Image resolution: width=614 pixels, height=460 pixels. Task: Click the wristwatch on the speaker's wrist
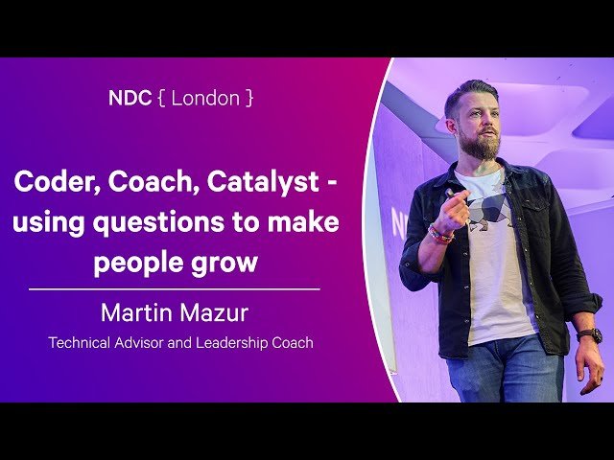click(x=589, y=335)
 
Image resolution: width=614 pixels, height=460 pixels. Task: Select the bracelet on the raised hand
click(x=440, y=233)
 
